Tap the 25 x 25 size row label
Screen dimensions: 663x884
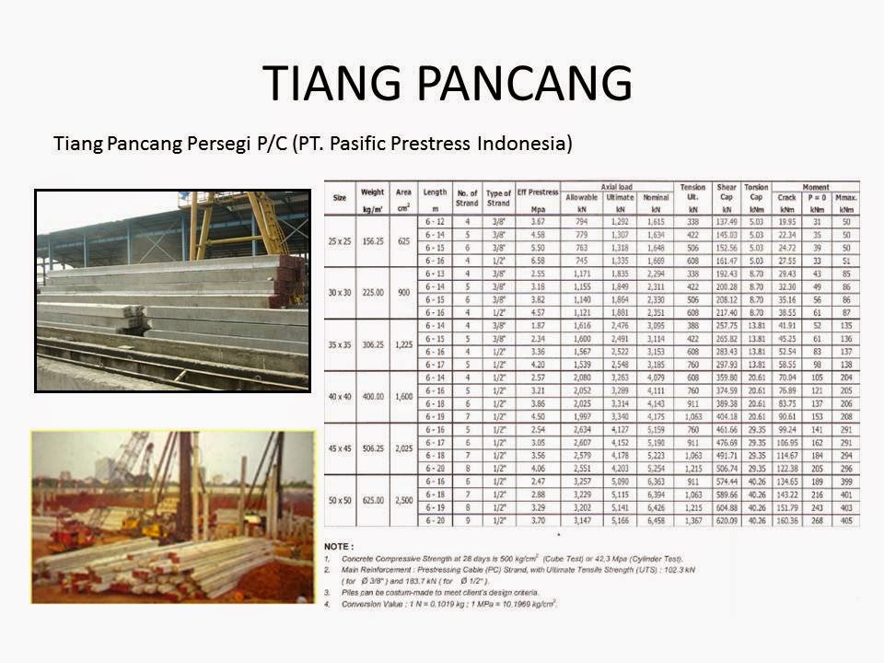tap(340, 240)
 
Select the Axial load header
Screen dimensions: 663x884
tap(617, 187)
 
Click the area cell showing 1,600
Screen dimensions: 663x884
tap(404, 396)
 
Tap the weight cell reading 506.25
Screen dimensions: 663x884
tap(373, 448)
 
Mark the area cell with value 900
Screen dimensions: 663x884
tap(404, 292)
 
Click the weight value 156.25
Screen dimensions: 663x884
tap(373, 240)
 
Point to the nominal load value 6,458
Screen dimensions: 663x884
tap(657, 520)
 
